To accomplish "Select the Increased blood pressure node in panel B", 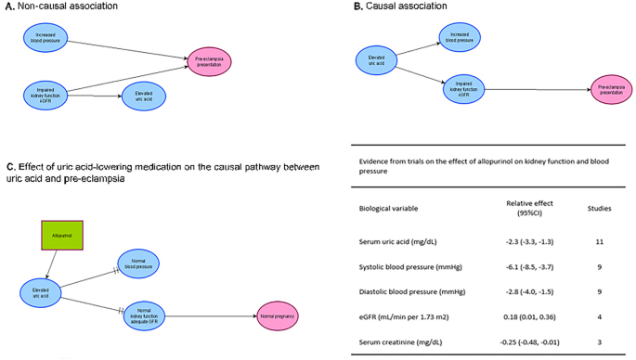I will click(461, 38).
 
